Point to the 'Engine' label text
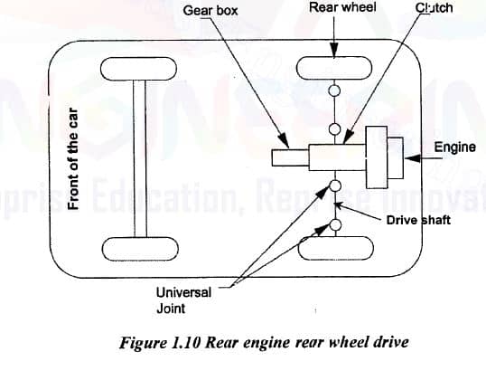454,147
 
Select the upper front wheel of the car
136,69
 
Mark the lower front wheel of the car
136,246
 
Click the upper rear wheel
335,69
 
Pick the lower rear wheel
335,246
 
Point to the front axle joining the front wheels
136,157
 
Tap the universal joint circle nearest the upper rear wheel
335,90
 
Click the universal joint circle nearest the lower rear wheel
335,224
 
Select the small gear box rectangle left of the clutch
290,157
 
